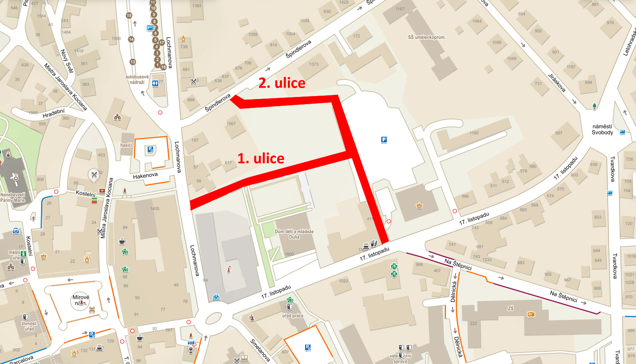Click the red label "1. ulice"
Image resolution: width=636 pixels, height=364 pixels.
(x=261, y=158)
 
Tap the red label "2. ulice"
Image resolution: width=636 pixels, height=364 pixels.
(x=282, y=83)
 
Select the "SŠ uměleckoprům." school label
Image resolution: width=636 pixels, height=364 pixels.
(x=427, y=37)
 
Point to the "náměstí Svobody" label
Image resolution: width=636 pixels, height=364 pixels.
(x=602, y=130)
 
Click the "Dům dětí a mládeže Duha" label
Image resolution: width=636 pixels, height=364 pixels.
(x=294, y=234)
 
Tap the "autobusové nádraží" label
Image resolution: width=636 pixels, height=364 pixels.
(x=137, y=80)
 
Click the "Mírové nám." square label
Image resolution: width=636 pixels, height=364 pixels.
(x=80, y=300)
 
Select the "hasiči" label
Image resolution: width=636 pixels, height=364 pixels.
(x=126, y=145)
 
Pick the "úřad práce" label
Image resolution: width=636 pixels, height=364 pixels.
(x=293, y=316)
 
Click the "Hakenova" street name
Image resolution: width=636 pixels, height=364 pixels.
(x=145, y=176)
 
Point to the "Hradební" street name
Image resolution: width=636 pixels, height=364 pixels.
(x=54, y=113)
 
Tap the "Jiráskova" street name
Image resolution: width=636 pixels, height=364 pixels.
(x=557, y=83)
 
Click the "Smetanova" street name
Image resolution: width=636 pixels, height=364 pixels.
(x=260, y=350)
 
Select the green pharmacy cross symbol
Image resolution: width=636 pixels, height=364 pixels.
(x=394, y=267)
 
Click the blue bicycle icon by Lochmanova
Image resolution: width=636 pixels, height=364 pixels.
(x=216, y=297)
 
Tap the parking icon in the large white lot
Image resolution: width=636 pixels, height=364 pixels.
(x=384, y=140)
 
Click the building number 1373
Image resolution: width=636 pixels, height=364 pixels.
(x=314, y=64)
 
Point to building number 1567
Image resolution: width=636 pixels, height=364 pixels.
(x=231, y=124)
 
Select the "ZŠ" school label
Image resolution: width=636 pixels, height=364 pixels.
(x=511, y=309)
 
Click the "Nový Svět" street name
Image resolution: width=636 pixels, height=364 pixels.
(x=67, y=61)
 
